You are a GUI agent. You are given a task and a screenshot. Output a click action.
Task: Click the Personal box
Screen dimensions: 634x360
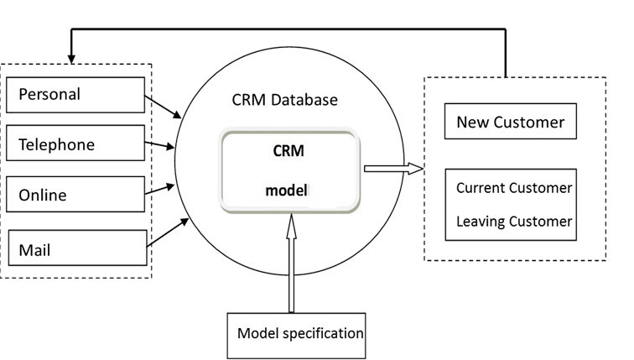pyautogui.click(x=75, y=95)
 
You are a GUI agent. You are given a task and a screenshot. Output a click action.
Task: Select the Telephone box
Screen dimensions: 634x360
pyautogui.click(x=75, y=143)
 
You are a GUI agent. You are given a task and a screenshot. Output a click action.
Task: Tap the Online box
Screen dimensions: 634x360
pyautogui.click(x=75, y=194)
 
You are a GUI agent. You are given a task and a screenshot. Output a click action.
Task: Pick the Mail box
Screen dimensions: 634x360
pyautogui.click(x=78, y=248)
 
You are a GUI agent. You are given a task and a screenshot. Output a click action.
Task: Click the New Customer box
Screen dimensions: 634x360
pyautogui.click(x=511, y=122)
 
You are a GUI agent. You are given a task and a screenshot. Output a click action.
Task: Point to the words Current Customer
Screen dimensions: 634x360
pyautogui.click(x=514, y=188)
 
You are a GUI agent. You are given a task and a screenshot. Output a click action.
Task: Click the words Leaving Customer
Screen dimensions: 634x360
pyautogui.click(x=514, y=222)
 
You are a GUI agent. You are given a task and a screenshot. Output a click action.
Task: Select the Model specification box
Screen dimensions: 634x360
pyautogui.click(x=296, y=336)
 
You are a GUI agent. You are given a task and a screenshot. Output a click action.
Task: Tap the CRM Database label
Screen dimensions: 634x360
pyautogui.click(x=284, y=100)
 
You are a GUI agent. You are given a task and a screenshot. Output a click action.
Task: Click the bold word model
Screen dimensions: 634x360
pyautogui.click(x=287, y=190)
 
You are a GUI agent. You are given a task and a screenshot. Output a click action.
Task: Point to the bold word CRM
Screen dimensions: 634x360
pyautogui.click(x=288, y=151)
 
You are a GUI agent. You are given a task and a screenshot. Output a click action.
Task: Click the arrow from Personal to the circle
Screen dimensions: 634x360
pyautogui.click(x=163, y=107)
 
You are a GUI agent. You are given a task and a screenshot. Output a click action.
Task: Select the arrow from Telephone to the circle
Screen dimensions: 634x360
pyautogui.click(x=159, y=145)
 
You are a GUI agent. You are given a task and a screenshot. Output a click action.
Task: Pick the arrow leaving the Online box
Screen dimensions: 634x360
pyautogui.click(x=159, y=190)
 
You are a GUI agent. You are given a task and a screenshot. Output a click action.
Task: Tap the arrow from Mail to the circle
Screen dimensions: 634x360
pyautogui.click(x=168, y=232)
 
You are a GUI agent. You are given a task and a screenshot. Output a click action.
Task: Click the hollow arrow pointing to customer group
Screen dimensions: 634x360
pyautogui.click(x=393, y=169)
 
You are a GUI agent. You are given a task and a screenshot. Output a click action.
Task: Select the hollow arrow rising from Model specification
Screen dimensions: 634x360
pyautogui.click(x=291, y=263)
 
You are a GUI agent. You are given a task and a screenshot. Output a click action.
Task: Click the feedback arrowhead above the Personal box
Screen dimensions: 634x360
pyautogui.click(x=71, y=59)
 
